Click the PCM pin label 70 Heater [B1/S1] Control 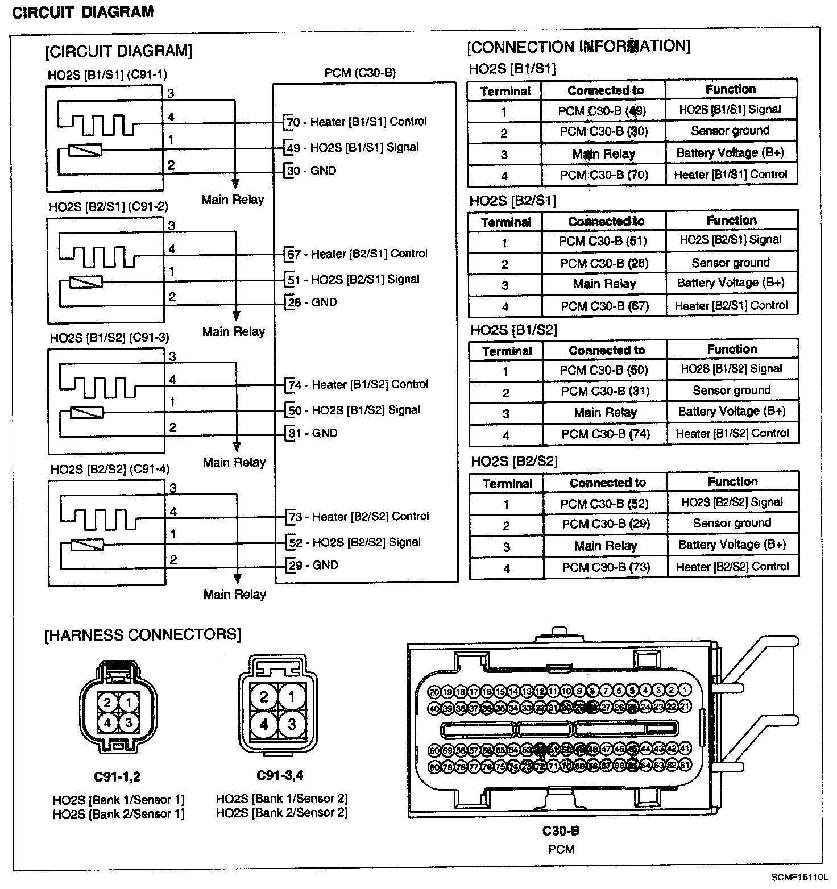click(357, 122)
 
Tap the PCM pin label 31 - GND click(313, 433)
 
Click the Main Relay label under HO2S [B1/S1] click(233, 200)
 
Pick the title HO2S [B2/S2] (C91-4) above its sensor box click(110, 470)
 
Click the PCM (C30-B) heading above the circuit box click(360, 73)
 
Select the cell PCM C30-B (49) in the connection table click(602, 110)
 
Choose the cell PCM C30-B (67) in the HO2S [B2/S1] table click(604, 306)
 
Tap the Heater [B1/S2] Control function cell click(732, 434)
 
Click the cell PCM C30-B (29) click(606, 524)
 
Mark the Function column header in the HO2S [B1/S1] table click(731, 89)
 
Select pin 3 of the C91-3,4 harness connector click(292, 724)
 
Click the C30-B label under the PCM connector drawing click(561, 831)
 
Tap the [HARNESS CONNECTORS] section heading click(143, 634)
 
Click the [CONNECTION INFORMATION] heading click(578, 47)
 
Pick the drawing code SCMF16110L click(800, 878)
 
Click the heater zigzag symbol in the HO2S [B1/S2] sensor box click(98, 387)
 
